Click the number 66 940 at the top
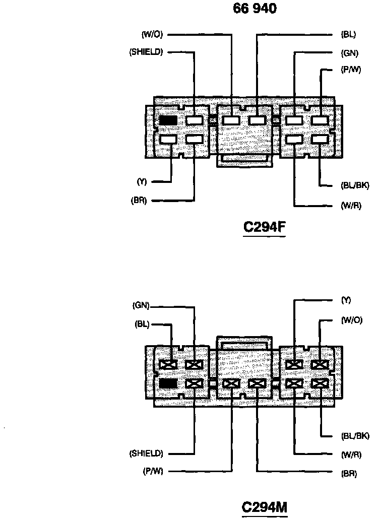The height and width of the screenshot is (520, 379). point(255,9)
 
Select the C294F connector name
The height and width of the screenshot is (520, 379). point(265,228)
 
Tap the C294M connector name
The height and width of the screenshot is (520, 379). point(265,507)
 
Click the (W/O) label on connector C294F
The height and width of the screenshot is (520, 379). point(152,35)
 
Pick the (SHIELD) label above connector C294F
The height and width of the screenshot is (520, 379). point(146,52)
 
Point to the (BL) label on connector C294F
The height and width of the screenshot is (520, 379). point(348,35)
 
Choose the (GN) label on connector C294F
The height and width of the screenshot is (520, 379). point(349,52)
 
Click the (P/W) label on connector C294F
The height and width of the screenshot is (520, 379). point(351,70)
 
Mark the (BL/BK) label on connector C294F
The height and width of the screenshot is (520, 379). point(355,185)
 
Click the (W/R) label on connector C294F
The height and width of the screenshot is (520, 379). point(351,206)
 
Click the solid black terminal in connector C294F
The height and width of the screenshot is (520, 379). point(168,120)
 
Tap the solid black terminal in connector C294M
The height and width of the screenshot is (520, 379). point(168,383)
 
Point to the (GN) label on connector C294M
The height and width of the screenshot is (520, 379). point(141,305)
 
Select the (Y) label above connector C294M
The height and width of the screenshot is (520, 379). point(346,300)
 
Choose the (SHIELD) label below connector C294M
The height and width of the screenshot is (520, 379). point(146,453)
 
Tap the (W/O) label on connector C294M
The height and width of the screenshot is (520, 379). point(351,320)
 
